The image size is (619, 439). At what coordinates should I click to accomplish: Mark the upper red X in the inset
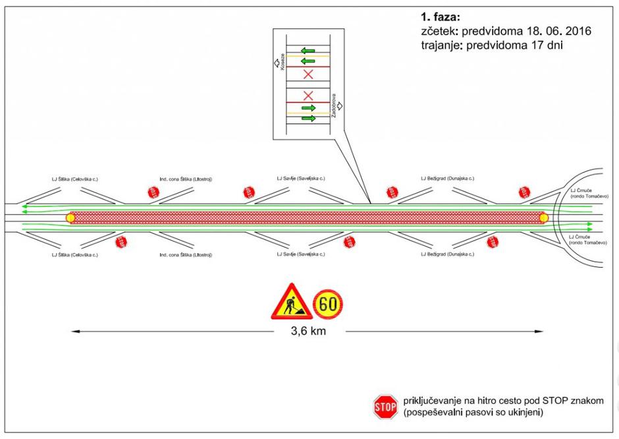[308, 74]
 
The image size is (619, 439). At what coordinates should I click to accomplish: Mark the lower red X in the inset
[308, 96]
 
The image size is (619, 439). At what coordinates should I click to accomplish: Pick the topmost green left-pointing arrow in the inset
[308, 51]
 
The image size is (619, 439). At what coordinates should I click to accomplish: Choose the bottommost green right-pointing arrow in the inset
[308, 118]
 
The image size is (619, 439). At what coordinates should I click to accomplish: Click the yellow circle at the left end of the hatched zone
[70, 218]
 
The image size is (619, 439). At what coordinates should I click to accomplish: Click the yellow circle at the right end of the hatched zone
[543, 218]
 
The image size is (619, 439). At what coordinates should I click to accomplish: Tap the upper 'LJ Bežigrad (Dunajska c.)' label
[447, 179]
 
